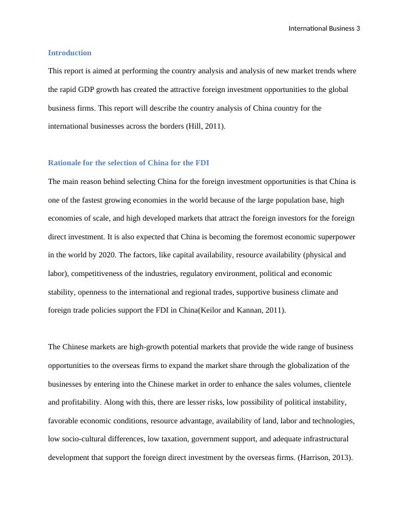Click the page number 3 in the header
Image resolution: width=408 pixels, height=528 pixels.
tap(357, 28)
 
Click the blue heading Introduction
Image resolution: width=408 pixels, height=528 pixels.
tap(69, 53)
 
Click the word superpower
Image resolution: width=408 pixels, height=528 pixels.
tap(336, 236)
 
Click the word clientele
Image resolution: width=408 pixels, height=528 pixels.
tap(338, 384)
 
